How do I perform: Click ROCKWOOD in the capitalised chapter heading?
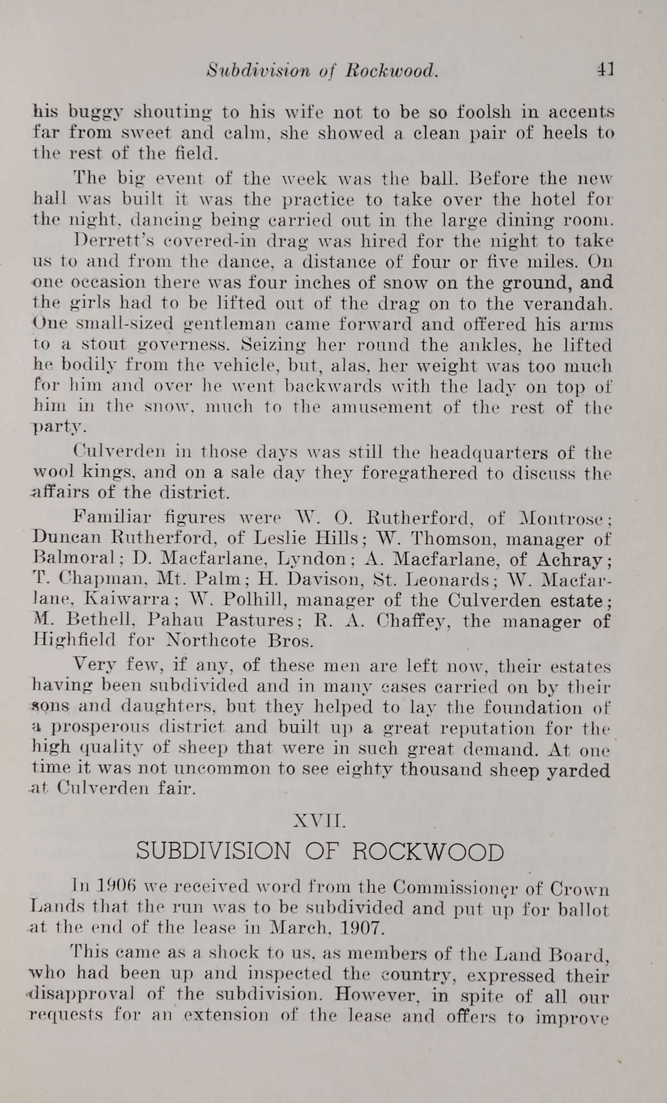coord(428,852)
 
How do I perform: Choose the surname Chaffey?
coord(415,621)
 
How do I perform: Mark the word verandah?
coord(569,304)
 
